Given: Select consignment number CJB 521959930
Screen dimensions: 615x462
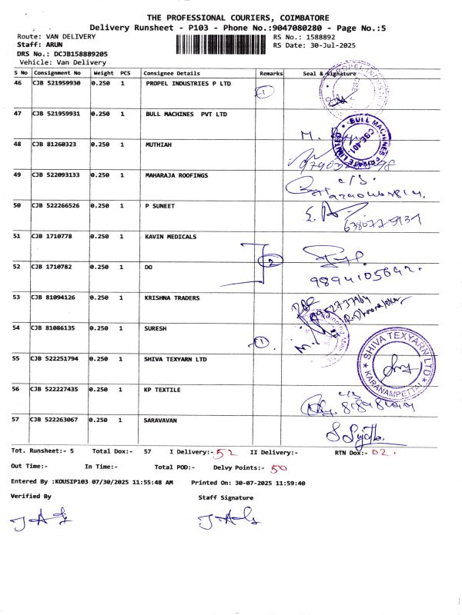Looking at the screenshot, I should (x=56, y=83).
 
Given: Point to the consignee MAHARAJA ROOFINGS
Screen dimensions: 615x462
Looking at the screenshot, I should (x=176, y=175).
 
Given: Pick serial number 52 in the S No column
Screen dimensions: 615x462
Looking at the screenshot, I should (x=18, y=267).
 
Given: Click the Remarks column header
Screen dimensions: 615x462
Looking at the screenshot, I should (x=271, y=73).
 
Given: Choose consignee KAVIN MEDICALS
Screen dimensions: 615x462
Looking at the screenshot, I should (x=171, y=237).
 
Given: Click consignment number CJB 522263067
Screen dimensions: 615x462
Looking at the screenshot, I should (x=55, y=421).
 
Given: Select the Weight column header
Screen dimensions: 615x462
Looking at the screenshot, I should (x=102, y=73).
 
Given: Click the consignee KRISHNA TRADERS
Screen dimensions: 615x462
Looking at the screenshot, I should (x=172, y=298).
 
